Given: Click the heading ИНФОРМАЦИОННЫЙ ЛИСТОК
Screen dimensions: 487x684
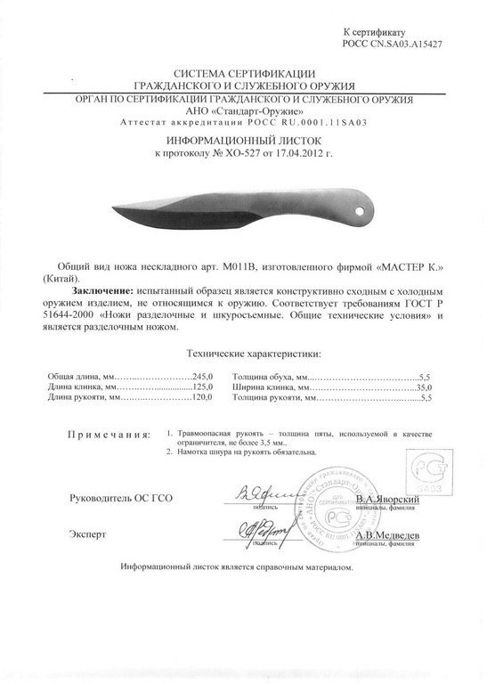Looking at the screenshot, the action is point(243,141).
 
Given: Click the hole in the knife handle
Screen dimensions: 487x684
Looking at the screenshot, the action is point(361,211).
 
